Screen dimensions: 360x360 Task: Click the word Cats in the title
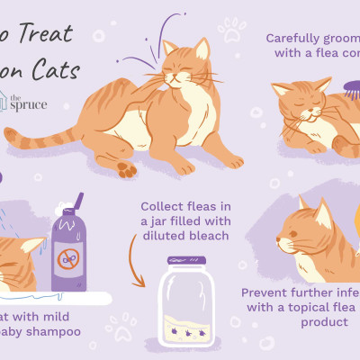tap(56, 71)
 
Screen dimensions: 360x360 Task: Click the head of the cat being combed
tap(302, 102)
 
